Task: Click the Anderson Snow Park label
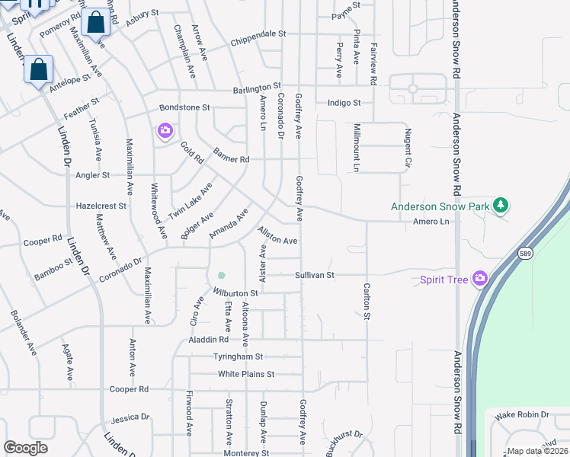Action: pyautogui.click(x=439, y=206)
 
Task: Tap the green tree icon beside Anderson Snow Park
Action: pyautogui.click(x=501, y=205)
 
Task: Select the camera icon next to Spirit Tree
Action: pyautogui.click(x=480, y=279)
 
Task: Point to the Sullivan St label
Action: pyautogui.click(x=315, y=275)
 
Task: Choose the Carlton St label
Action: pyautogui.click(x=367, y=301)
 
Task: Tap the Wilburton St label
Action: pyautogui.click(x=235, y=292)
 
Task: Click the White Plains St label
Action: pyautogui.click(x=246, y=374)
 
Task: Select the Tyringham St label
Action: pyautogui.click(x=237, y=356)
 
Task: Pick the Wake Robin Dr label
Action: pyautogui.click(x=522, y=414)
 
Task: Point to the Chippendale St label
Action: pyautogui.click(x=258, y=34)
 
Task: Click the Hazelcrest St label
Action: pyautogui.click(x=101, y=206)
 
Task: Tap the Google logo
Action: pyautogui.click(x=25, y=448)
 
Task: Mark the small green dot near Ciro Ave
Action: pyautogui.click(x=221, y=275)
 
